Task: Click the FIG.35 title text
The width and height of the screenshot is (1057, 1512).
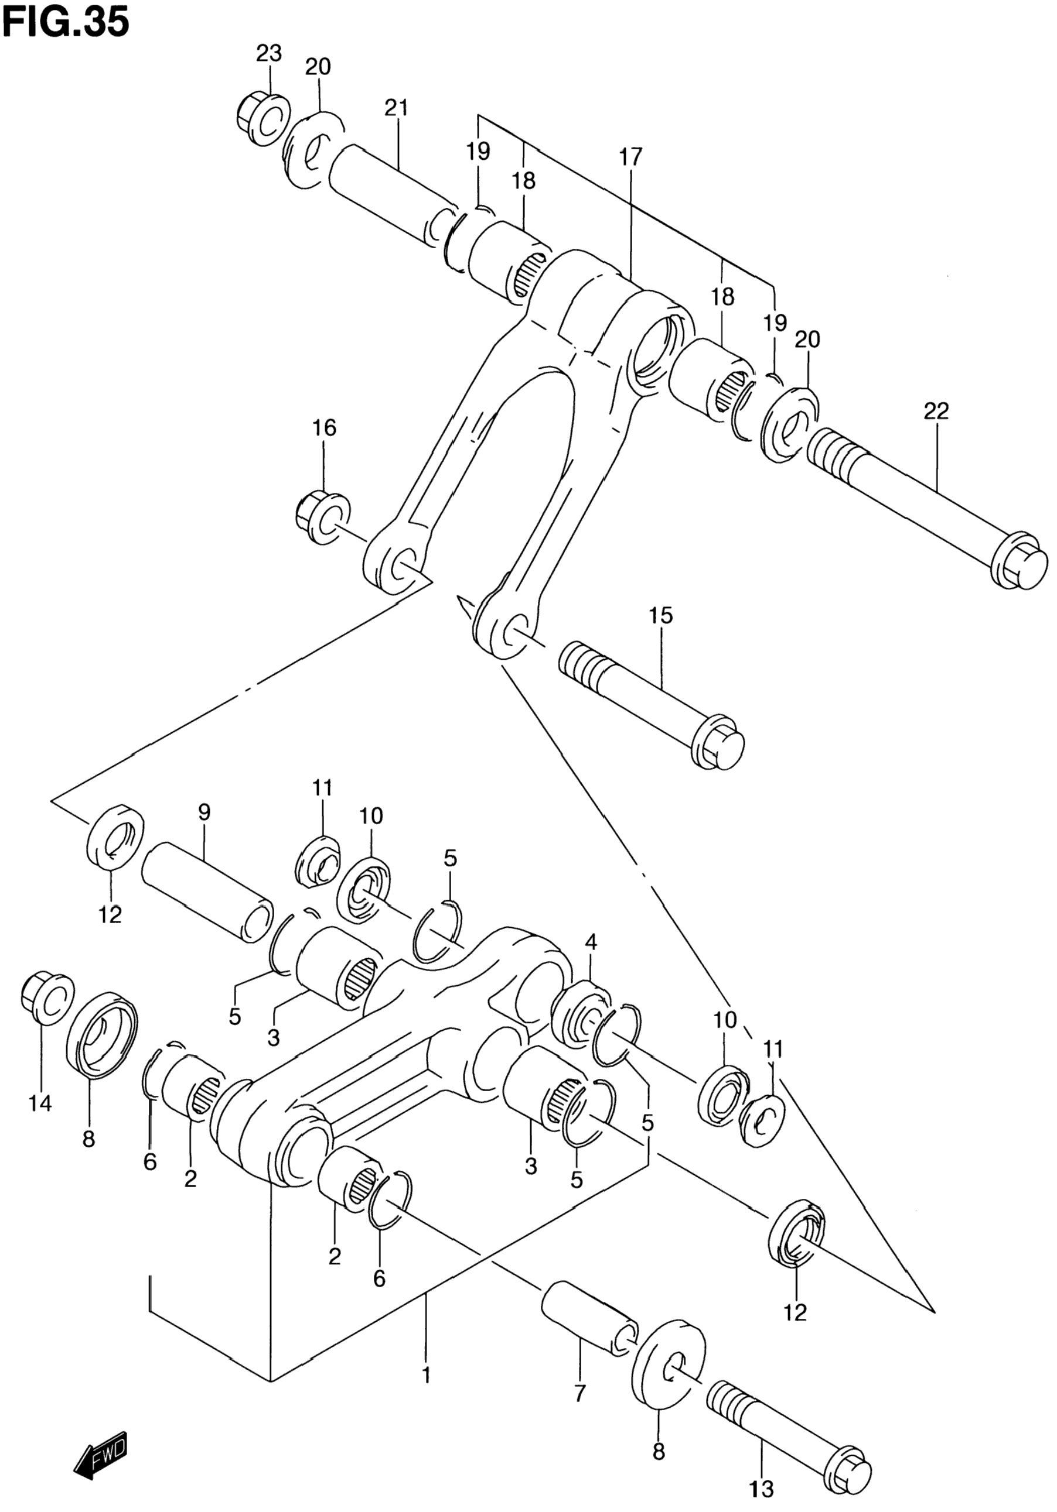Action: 66,23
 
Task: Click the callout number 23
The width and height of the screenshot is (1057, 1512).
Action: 268,53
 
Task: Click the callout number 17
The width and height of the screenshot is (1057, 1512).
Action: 630,157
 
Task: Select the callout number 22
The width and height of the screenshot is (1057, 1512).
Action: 936,411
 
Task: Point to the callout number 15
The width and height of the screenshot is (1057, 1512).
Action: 661,616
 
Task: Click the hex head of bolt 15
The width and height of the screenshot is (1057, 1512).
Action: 718,742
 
